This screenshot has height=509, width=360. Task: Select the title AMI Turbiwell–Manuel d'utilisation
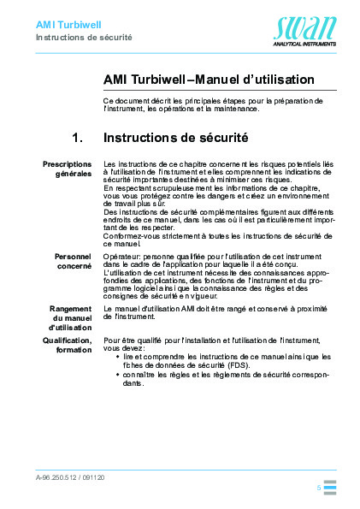[x=209, y=80]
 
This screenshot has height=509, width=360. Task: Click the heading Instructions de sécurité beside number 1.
[x=175, y=136]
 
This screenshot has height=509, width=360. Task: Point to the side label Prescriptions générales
[x=68, y=169]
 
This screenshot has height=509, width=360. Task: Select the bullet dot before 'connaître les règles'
[x=117, y=375]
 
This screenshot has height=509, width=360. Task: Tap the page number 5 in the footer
[x=318, y=487]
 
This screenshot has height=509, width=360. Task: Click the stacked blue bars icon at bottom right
[x=330, y=488]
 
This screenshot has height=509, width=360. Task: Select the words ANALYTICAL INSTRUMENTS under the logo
[x=305, y=41]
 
